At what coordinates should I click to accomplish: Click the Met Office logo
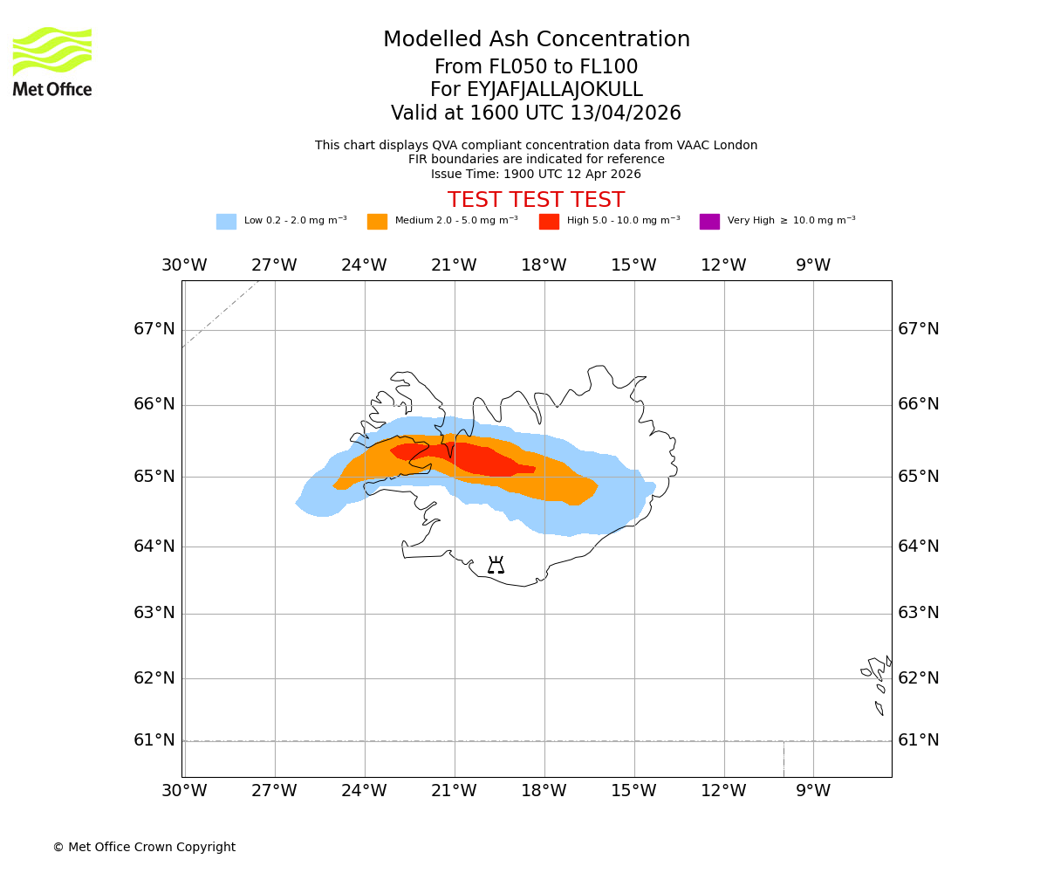(x=52, y=61)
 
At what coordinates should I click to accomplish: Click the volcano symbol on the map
(x=496, y=565)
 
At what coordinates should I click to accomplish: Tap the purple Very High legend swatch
(x=709, y=222)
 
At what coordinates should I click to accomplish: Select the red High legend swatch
(x=549, y=222)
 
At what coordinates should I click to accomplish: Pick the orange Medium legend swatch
(x=377, y=222)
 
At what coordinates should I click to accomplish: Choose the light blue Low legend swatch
(x=226, y=222)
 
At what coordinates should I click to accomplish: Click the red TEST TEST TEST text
(x=536, y=200)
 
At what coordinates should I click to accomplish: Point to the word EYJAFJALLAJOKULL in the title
(x=555, y=90)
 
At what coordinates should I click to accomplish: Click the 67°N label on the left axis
(x=154, y=329)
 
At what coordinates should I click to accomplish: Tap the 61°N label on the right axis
(x=919, y=740)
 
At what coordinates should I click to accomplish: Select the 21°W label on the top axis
(x=454, y=265)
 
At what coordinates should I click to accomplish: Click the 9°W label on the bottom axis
(x=813, y=791)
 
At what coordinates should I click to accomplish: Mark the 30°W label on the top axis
(x=184, y=265)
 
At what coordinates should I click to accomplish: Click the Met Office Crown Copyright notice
(x=144, y=847)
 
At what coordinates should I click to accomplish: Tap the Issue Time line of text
(x=536, y=174)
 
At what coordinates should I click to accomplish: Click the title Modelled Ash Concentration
(x=536, y=39)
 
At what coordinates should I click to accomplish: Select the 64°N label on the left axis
(x=154, y=546)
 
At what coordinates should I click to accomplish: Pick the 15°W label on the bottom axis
(x=633, y=791)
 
